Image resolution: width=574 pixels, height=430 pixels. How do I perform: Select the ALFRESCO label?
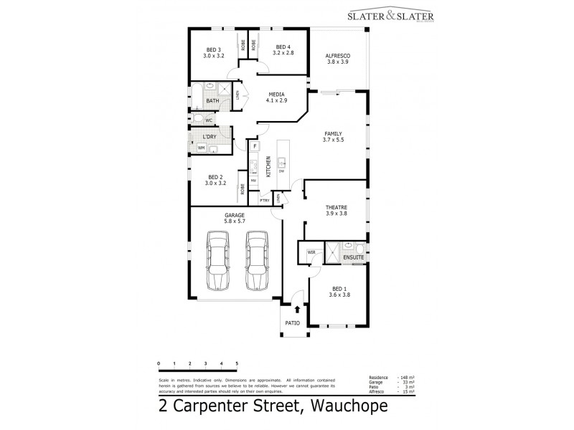(x=337, y=55)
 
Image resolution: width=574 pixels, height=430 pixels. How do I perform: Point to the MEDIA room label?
(x=277, y=94)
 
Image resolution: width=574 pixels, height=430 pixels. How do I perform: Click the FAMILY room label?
(x=334, y=134)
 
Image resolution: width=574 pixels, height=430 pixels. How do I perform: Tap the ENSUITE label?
(x=354, y=256)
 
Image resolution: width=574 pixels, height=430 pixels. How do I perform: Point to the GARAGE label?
(x=235, y=215)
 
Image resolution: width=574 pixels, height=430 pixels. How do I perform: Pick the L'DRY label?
(x=210, y=136)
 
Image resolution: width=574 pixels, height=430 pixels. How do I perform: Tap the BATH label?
(x=212, y=101)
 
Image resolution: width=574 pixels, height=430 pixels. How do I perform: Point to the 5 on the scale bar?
(x=236, y=363)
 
